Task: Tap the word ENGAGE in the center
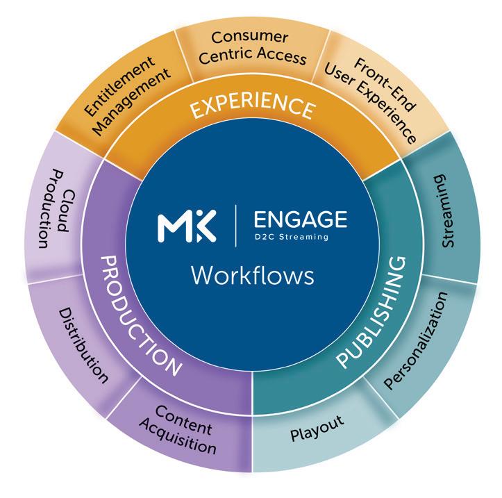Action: click(300, 219)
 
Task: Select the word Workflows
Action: click(252, 275)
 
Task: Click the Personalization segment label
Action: click(418, 340)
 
